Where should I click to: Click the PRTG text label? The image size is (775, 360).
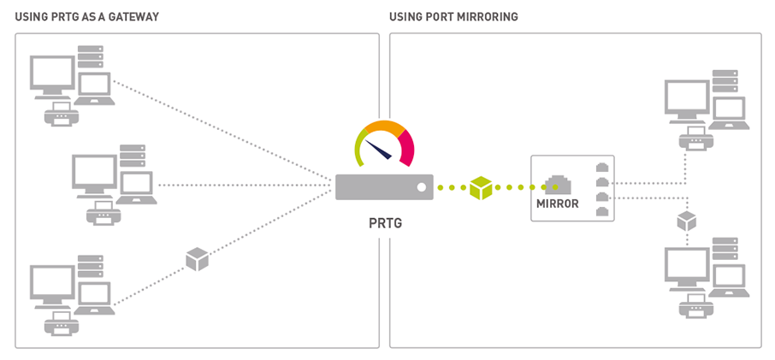click(383, 223)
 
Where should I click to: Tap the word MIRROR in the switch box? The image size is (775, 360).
click(557, 204)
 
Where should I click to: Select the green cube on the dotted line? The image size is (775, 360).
click(482, 187)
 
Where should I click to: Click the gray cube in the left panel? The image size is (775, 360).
click(198, 259)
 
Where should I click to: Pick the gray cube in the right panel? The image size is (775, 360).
click(687, 221)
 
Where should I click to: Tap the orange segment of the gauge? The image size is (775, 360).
click(384, 127)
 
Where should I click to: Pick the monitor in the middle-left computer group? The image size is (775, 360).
click(94, 174)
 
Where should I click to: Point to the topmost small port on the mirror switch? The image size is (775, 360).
click(602, 167)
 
